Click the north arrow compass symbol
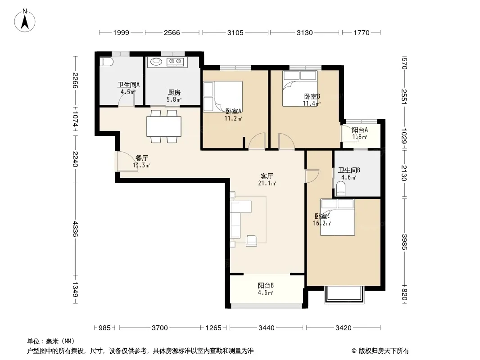[25, 21]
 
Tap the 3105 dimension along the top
[235, 32]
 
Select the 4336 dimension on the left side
[75, 229]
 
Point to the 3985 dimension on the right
[404, 242]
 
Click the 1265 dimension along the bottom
[213, 328]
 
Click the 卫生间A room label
[128, 85]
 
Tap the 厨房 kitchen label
[174, 92]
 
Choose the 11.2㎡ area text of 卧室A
[233, 118]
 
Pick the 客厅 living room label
[267, 176]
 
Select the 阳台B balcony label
[265, 285]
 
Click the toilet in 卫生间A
[107, 62]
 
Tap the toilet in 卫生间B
[341, 188]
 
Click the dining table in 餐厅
[164, 126]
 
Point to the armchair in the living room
[251, 240]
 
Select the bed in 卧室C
[337, 217]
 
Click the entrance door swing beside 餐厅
[127, 162]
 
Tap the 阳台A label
[360, 130]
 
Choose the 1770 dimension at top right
[362, 32]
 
